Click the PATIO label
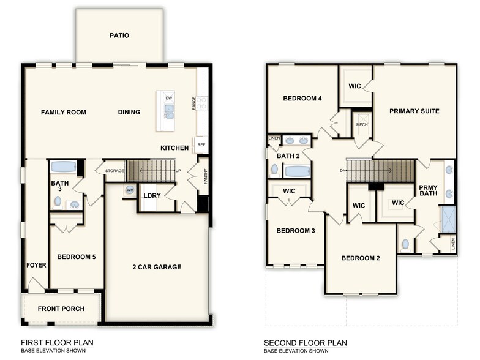coord(119,36)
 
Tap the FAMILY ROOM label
coord(63,113)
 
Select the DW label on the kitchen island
coord(168,98)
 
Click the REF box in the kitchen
coord(201,145)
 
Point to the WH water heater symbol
coord(130,190)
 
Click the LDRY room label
coord(151,196)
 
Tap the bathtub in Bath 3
coord(62,167)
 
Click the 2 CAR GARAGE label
coord(157,267)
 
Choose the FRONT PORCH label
coord(61,309)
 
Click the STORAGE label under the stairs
coord(114,171)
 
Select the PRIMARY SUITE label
coord(414,111)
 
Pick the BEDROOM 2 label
coord(361,258)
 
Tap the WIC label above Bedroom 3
coord(289,191)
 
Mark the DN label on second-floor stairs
coord(342,171)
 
